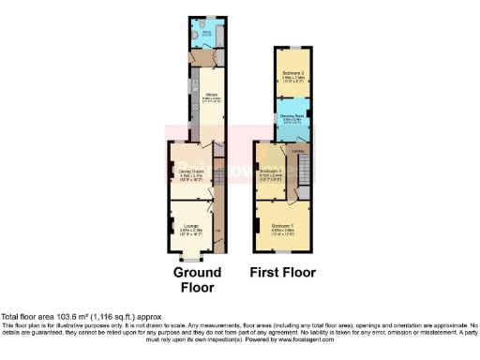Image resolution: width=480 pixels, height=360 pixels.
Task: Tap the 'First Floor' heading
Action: pyautogui.click(x=281, y=272)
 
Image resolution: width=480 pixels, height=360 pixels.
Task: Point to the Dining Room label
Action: pyautogui.click(x=191, y=172)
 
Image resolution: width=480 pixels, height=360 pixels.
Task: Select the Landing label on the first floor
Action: pyautogui.click(x=297, y=152)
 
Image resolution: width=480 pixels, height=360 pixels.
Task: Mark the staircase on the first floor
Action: pyautogui.click(x=304, y=170)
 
